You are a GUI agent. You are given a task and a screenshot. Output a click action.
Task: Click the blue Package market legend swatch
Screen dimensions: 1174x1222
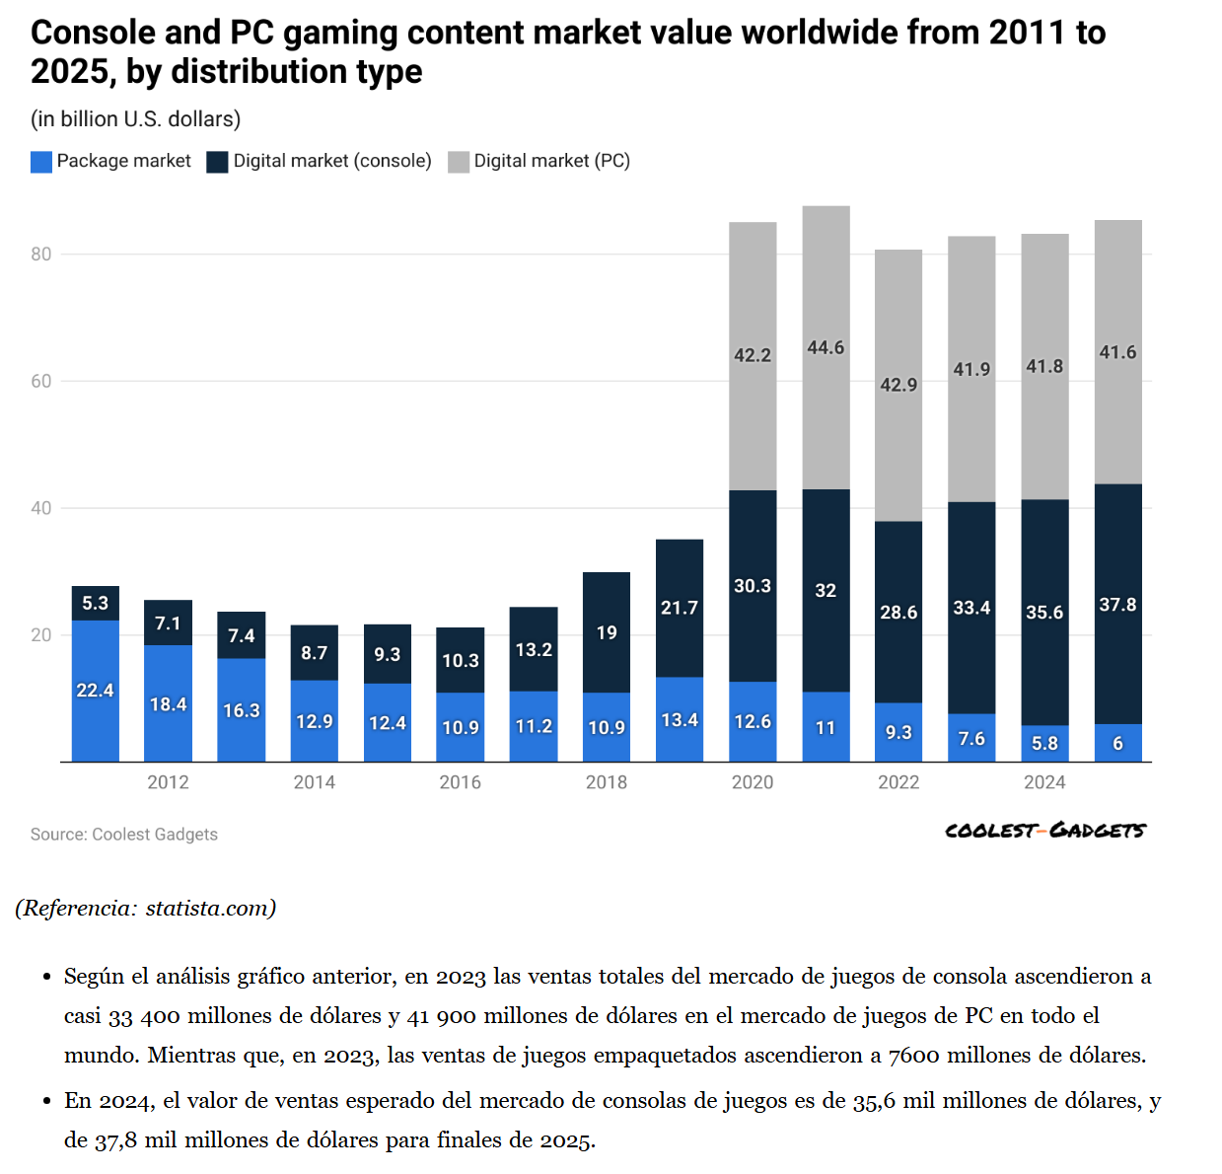[x=41, y=162]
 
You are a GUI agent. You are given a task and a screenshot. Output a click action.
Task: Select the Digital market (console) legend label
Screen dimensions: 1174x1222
[x=331, y=161]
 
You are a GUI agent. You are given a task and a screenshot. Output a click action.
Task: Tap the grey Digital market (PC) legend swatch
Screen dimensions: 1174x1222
[x=459, y=162]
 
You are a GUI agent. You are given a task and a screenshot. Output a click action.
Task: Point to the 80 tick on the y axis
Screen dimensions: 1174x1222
[x=40, y=255]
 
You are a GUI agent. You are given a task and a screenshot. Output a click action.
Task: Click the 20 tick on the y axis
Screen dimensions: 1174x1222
[x=40, y=635]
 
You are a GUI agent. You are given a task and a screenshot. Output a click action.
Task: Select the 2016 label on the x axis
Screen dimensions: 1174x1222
[x=460, y=782]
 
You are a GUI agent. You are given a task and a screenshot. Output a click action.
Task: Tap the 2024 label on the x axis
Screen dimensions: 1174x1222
[x=1044, y=782]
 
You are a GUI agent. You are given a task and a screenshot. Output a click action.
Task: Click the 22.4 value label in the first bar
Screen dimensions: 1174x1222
[x=96, y=691]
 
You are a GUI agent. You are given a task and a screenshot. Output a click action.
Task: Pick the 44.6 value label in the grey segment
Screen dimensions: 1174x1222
[x=826, y=348]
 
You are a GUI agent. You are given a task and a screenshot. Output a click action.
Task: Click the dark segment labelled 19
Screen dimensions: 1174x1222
[x=607, y=632]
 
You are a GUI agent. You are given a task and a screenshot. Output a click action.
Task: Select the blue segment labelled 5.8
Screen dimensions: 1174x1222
[x=1044, y=743]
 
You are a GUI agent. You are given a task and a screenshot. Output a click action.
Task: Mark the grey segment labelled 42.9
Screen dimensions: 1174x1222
[x=899, y=385]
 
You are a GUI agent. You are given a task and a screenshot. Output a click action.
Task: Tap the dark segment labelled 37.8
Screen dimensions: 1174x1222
[x=1117, y=604]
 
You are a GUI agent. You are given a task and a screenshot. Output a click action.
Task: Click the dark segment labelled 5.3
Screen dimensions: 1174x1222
[x=96, y=603]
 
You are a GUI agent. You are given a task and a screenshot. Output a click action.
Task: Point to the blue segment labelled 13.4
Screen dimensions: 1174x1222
[x=680, y=719]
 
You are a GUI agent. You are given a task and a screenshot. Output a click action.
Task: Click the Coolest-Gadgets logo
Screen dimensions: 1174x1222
[x=1044, y=831]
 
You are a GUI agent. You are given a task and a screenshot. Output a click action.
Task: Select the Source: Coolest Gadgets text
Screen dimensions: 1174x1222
[x=124, y=835]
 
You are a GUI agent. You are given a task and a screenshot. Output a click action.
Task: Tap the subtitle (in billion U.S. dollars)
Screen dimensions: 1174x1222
[x=136, y=119]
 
